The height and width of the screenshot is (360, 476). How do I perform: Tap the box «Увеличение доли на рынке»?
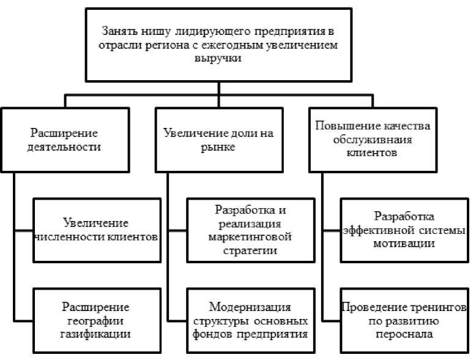point(218,139)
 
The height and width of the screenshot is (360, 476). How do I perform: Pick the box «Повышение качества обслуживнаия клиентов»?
point(373,139)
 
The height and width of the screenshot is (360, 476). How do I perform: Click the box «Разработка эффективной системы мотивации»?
point(403,230)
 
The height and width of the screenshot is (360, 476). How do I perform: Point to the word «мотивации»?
point(404,244)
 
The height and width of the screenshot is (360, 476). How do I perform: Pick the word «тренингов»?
point(437,307)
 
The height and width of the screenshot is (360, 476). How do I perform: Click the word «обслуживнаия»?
point(373,139)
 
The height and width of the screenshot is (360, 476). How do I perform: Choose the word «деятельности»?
point(65,147)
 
